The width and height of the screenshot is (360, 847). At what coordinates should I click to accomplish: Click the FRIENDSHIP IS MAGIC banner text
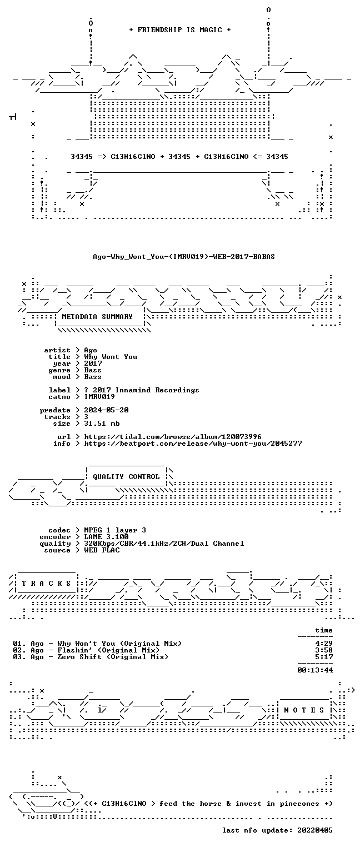point(179,30)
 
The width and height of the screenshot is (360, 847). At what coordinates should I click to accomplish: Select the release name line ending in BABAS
point(184,257)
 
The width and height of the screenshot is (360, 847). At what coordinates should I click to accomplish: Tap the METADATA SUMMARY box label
point(97,316)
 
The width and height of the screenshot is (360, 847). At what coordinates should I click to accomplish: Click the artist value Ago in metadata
point(91,351)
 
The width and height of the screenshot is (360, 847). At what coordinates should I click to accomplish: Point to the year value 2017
point(93,363)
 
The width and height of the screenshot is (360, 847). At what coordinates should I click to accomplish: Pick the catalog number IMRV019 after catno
point(99,397)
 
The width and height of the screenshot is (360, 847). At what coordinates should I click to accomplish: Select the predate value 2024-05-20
point(106,410)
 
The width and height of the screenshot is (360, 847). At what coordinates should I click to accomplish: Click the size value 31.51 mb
point(102,423)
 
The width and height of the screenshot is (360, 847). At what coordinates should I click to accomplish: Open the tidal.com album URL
point(172,437)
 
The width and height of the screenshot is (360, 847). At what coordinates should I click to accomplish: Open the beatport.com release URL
point(193,443)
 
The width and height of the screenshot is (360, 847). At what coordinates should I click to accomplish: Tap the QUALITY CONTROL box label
point(126,476)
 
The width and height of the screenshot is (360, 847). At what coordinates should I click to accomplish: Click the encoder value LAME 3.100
point(106,537)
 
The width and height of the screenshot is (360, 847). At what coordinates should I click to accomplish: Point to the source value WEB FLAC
point(102,550)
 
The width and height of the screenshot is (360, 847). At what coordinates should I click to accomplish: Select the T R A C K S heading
point(46,583)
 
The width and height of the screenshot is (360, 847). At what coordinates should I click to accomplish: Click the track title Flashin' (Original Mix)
point(108,650)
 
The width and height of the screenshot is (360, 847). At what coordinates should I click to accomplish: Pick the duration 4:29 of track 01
point(324,644)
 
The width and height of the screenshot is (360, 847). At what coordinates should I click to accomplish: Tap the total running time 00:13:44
point(315,670)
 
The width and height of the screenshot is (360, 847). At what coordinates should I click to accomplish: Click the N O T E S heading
point(304,710)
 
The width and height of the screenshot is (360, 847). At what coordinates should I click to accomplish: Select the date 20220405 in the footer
point(315,830)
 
